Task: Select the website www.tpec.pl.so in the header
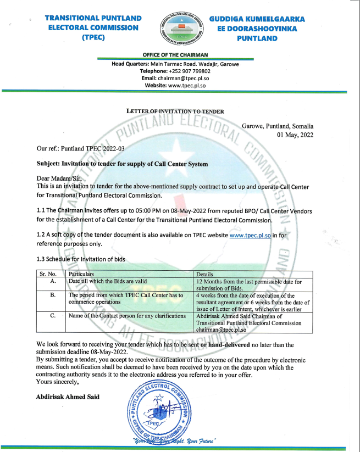point(187,85)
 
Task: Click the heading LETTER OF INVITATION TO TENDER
point(175,111)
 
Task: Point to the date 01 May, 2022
point(295,135)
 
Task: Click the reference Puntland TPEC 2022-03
point(93,148)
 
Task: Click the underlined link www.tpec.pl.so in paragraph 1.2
point(250,235)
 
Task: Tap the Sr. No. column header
point(48,274)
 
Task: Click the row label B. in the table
point(53,295)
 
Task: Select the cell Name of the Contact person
point(127,316)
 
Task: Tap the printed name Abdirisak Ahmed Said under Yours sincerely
point(68,397)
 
